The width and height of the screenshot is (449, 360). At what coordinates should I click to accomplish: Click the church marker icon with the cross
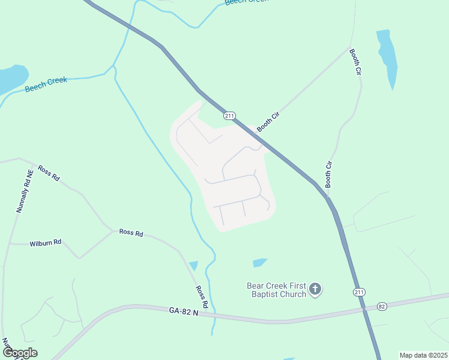tap(316, 290)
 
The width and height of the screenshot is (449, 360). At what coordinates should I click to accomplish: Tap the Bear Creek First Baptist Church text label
tap(277, 290)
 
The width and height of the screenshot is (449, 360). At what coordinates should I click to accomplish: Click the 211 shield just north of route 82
tap(358, 292)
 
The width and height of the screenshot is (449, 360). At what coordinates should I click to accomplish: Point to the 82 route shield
tap(382, 307)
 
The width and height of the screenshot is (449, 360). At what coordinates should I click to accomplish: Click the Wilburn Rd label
tap(45, 243)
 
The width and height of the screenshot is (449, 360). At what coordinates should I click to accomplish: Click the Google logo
tap(20, 353)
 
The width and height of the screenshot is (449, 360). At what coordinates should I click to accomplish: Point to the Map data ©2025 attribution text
tap(423, 355)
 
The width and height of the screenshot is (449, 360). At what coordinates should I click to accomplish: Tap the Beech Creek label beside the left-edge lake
tap(46, 85)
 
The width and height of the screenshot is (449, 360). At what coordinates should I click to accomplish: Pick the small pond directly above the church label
tap(259, 263)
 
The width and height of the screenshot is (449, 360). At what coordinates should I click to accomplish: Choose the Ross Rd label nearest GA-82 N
tap(202, 296)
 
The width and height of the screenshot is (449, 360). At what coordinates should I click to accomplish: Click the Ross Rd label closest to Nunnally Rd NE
tap(49, 173)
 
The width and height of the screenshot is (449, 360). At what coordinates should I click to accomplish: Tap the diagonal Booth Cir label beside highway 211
tap(268, 121)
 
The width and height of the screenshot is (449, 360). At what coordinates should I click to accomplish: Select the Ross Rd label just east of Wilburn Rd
tap(131, 232)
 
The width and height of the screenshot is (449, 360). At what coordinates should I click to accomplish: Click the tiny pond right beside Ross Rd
tap(193, 265)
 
